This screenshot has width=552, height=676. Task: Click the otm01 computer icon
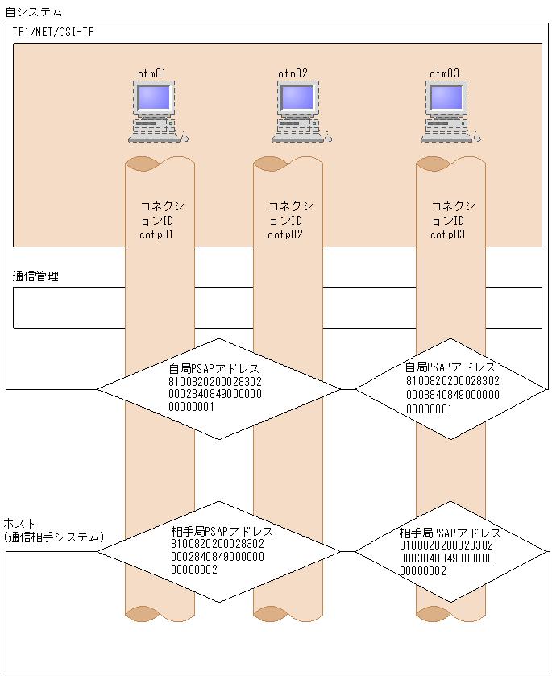[158, 111]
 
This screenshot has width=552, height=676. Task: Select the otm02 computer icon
[301, 111]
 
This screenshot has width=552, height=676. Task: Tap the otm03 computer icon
[450, 111]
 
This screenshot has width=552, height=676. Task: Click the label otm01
[151, 73]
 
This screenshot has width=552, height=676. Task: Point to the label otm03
[444, 73]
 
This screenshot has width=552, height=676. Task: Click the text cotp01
[156, 234]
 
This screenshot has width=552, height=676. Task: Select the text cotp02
[285, 234]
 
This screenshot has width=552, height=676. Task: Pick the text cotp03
[447, 234]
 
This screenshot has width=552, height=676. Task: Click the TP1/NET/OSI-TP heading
[53, 32]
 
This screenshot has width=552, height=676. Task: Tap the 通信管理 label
[35, 276]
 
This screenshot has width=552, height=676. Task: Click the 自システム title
[33, 11]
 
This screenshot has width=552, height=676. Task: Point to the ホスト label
[19, 524]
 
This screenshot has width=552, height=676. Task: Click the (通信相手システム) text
[54, 537]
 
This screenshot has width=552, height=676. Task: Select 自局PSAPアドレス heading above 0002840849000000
[214, 369]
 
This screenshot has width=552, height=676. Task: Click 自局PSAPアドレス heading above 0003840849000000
[450, 367]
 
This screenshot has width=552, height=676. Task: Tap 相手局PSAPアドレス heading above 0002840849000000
[222, 531]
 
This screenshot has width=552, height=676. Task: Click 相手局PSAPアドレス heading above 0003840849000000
[450, 533]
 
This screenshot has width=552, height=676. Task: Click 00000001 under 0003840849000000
[429, 409]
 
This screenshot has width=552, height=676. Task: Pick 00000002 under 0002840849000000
[194, 570]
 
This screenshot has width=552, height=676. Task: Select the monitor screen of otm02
[297, 97]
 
